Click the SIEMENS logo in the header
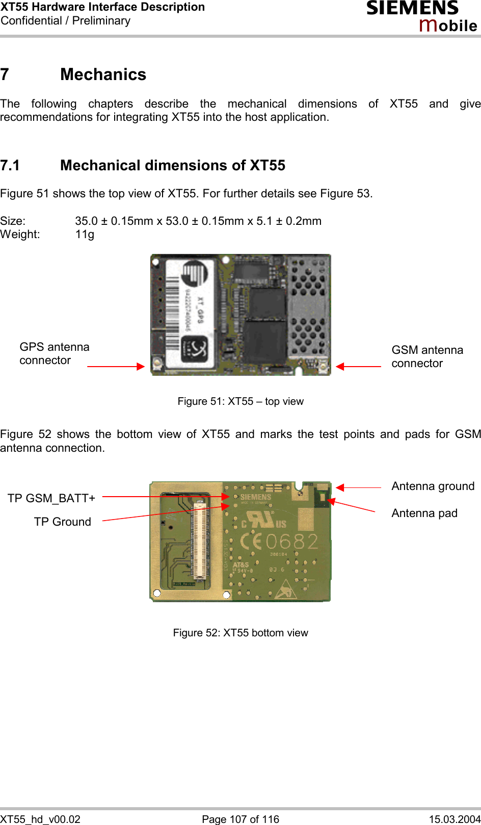point(412,9)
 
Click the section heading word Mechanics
point(103,74)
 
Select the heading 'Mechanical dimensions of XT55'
point(172,165)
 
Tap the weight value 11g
point(85,235)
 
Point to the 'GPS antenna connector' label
point(54,353)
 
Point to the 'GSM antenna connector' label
point(427,356)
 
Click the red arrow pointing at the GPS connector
point(116,366)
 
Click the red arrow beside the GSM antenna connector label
point(358,366)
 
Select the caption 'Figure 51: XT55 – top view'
point(240,401)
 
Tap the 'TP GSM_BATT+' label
point(51,498)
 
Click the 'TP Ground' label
point(63,522)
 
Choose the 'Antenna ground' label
point(433,486)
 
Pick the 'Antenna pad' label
point(424,513)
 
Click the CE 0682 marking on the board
point(279,541)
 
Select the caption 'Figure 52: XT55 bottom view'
point(240,633)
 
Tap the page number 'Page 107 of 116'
point(240,819)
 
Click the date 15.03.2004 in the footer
point(455,819)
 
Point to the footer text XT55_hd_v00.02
point(40,819)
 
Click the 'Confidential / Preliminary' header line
point(66,21)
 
